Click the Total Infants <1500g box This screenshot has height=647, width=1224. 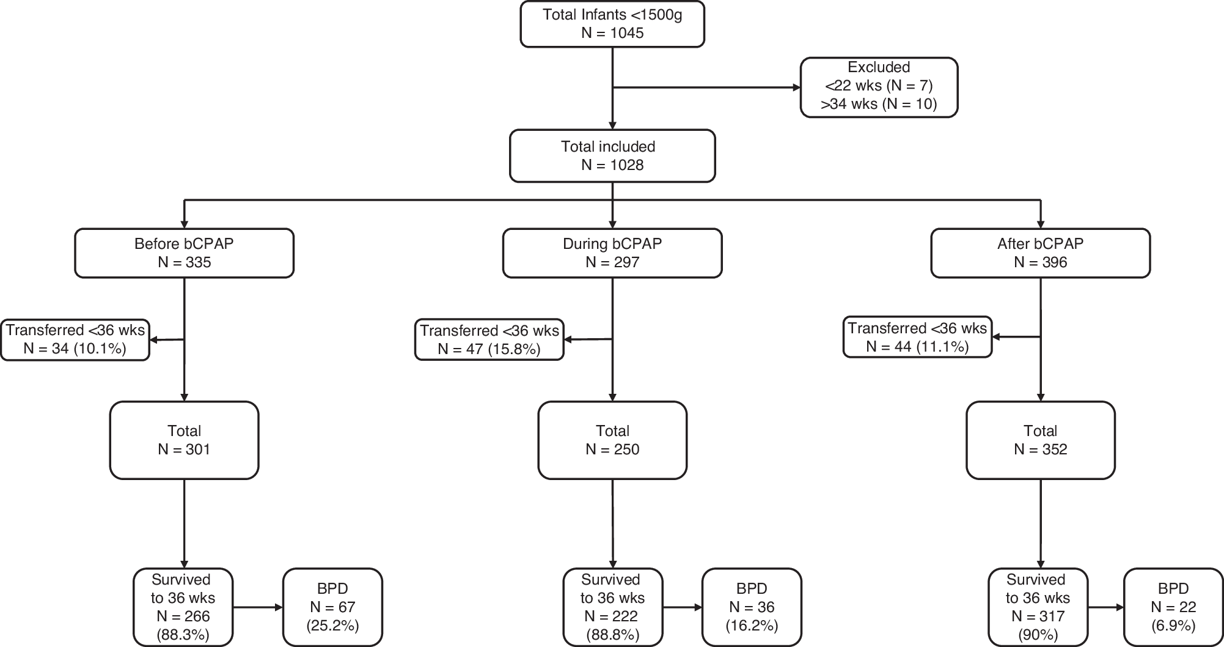click(x=612, y=24)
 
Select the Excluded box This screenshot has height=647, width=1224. click(x=879, y=87)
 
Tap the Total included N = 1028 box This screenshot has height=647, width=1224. click(x=612, y=155)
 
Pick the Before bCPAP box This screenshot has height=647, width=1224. click(x=184, y=253)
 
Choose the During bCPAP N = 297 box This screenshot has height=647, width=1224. click(x=612, y=253)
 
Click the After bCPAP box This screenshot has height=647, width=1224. click(x=1040, y=253)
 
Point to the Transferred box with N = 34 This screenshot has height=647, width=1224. click(x=75, y=339)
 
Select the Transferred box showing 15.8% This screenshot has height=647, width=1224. click(x=489, y=339)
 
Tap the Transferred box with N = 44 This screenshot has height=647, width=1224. click(x=917, y=337)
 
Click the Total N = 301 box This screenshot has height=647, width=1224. click(x=184, y=440)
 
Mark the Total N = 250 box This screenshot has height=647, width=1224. click(x=612, y=440)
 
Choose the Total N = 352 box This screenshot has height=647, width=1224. click(x=1040, y=440)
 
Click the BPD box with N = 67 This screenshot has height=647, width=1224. click(x=332, y=607)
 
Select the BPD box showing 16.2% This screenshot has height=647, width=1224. click(x=752, y=607)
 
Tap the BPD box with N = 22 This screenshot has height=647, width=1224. click(x=1173, y=607)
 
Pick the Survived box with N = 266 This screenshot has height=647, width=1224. click(x=183, y=607)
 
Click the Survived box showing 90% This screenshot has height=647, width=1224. click(x=1038, y=607)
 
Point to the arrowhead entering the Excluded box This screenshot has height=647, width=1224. click(x=796, y=87)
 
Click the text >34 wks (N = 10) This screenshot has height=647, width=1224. click(x=879, y=104)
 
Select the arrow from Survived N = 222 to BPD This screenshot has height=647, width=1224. click(x=682, y=607)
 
